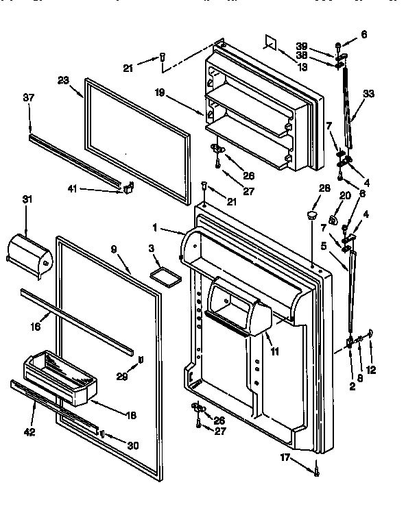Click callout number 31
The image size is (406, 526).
tap(27, 199)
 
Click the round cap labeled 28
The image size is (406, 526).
tap(312, 216)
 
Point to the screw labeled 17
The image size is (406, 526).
tap(317, 470)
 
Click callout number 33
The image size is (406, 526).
tap(369, 94)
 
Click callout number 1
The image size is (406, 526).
tap(156, 227)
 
